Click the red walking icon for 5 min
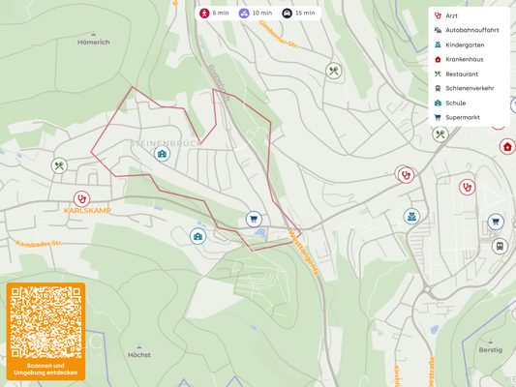204,13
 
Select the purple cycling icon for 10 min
244,13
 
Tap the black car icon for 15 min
287,13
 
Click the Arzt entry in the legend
451,15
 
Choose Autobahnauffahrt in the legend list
471,30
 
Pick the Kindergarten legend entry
464,45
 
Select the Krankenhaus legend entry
464,59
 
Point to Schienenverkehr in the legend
469,88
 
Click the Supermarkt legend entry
462,117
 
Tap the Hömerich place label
94,42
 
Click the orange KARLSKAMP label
87,210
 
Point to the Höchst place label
139,355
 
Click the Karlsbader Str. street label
39,244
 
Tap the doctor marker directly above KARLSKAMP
81,198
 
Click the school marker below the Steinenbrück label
162,154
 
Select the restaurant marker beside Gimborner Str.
333,71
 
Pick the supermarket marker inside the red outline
254,220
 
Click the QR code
46,322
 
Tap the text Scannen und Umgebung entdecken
46,369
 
